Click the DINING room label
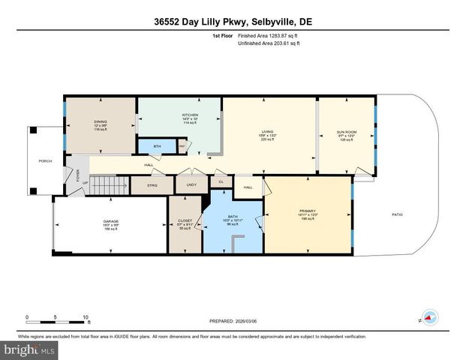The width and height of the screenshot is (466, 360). pyautogui.click(x=100, y=121)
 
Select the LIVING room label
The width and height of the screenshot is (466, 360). pyautogui.click(x=266, y=132)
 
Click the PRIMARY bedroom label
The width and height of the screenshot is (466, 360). pyautogui.click(x=308, y=211)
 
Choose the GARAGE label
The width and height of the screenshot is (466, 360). pyautogui.click(x=111, y=222)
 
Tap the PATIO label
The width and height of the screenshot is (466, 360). pyautogui.click(x=397, y=215)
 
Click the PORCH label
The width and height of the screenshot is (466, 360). pyautogui.click(x=45, y=161)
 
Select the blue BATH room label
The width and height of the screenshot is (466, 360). pyautogui.click(x=232, y=217)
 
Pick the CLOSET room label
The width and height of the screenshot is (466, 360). pyautogui.click(x=184, y=220)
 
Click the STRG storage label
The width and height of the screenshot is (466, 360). pyautogui.click(x=152, y=183)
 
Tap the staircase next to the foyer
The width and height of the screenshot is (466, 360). pyautogui.click(x=110, y=183)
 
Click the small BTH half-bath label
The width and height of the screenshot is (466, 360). pyautogui.click(x=157, y=146)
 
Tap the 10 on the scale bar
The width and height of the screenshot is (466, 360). pyautogui.click(x=86, y=316)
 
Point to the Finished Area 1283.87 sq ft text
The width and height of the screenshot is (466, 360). pyautogui.click(x=269, y=35)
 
